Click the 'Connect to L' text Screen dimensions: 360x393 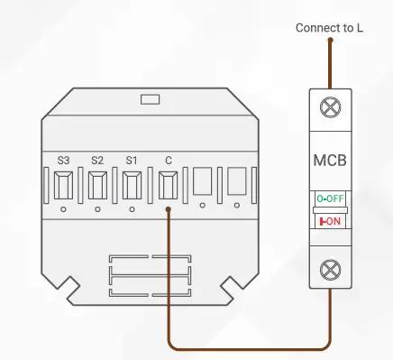330,28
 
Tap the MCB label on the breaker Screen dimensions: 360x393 330,163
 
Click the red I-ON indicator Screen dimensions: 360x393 330,220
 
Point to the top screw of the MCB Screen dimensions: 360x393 330,107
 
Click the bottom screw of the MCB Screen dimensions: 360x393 330,267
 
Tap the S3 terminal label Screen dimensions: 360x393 63,160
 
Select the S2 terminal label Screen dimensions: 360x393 97,160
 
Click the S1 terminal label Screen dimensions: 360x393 132,160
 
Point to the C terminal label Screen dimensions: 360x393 168,160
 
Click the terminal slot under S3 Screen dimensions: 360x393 63,185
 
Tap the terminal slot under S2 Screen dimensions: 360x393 97,185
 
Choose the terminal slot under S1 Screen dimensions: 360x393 132,185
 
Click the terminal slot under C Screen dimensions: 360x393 168,185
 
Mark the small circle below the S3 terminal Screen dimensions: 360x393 63,210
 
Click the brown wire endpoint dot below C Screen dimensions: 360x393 169,211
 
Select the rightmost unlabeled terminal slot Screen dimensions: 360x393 237,184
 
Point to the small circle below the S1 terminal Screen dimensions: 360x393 132,210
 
